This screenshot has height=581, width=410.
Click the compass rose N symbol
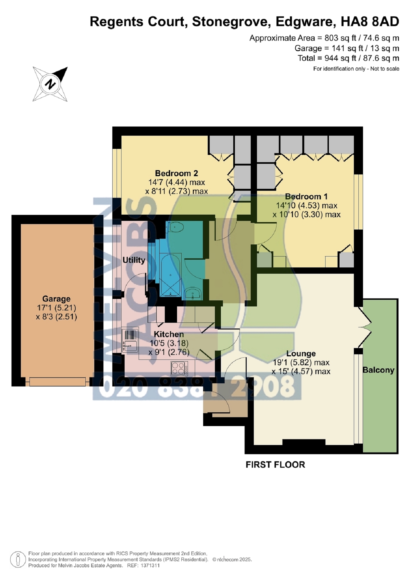click(50, 84)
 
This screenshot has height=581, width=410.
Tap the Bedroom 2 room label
click(176, 173)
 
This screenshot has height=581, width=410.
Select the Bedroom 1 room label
click(306, 197)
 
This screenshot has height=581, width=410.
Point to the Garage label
click(56, 299)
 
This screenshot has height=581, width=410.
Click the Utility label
click(134, 260)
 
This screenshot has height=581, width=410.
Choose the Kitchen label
click(169, 334)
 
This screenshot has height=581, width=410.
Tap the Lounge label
click(301, 354)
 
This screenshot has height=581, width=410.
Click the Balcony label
click(378, 370)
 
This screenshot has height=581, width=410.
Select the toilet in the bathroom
click(174, 228)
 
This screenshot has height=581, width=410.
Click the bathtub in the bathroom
click(170, 275)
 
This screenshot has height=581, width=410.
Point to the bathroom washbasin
click(193, 293)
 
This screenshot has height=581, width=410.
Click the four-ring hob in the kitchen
click(179, 368)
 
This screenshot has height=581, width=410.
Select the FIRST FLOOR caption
click(275, 465)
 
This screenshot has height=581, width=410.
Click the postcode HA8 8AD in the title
click(370, 22)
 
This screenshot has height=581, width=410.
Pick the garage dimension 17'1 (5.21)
click(56, 308)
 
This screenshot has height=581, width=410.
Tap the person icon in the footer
click(18, 559)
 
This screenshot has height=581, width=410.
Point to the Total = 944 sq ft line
click(348, 58)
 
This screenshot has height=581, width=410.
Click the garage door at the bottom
click(57, 382)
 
